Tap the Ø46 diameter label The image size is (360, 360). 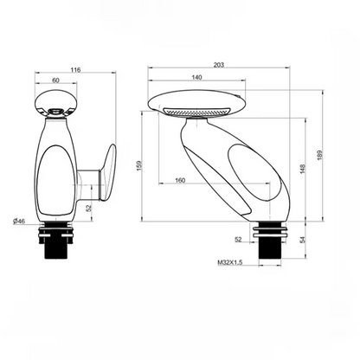(18, 222)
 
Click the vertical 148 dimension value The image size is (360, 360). (304, 170)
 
